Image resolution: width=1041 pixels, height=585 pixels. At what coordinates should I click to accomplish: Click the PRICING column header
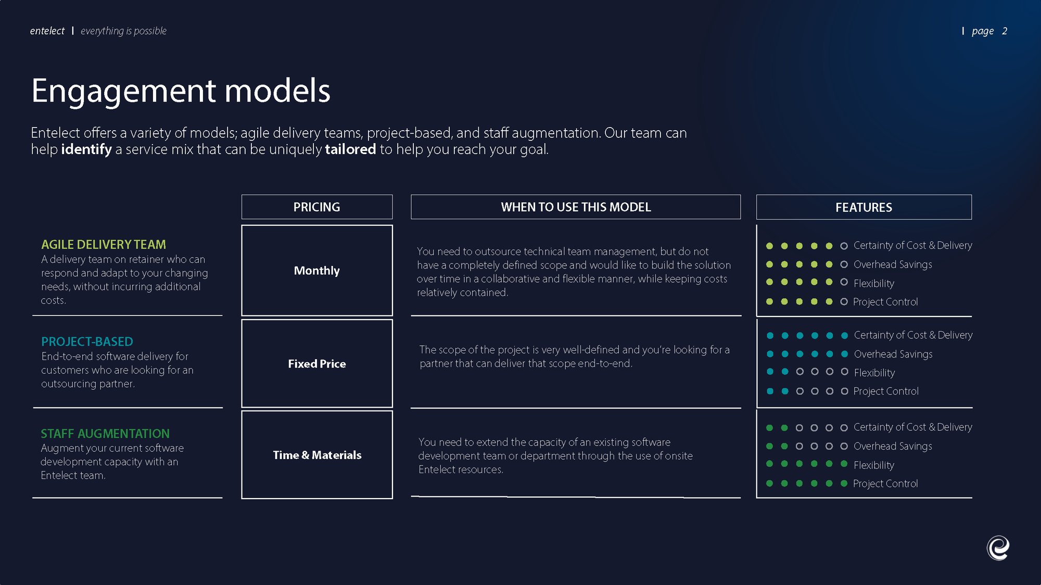coord(316,207)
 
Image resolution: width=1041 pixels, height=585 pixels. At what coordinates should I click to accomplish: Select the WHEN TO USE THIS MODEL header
coord(576,207)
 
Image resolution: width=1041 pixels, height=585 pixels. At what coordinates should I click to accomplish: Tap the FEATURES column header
coord(864,208)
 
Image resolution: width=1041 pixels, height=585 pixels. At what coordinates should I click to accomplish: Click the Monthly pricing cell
coord(316,271)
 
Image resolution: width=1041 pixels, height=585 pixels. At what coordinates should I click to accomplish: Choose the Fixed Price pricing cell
coord(316,364)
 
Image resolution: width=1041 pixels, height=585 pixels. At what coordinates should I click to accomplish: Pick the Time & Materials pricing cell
coord(316,455)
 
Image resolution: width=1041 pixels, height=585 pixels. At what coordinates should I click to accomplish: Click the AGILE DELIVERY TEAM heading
coord(104,245)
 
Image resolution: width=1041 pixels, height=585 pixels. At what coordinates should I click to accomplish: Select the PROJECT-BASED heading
coord(87,342)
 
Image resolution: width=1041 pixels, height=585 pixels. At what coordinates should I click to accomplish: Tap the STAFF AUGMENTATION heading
coord(105,434)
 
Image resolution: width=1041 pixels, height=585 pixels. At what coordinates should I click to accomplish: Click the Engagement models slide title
coord(181,91)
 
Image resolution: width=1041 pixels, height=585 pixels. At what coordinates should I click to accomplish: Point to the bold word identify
coord(86,149)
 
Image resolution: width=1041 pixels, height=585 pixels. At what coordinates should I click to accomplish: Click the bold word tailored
coord(350,149)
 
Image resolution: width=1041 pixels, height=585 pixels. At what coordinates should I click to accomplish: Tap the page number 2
coord(1005,31)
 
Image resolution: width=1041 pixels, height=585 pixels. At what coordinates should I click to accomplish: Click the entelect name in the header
coord(47,31)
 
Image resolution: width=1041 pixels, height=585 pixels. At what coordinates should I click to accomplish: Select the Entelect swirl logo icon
coord(998,548)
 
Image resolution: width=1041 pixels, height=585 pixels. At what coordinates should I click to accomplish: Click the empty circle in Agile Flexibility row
coord(844,282)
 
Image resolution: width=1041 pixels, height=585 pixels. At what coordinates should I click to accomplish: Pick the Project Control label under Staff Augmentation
coord(885,484)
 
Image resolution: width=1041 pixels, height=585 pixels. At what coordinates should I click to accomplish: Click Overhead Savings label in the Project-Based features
coord(893,354)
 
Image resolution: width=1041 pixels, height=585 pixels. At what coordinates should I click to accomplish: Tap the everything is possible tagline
coord(123,31)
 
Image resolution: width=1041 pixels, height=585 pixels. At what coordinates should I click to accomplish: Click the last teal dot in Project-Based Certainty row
coord(844,336)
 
